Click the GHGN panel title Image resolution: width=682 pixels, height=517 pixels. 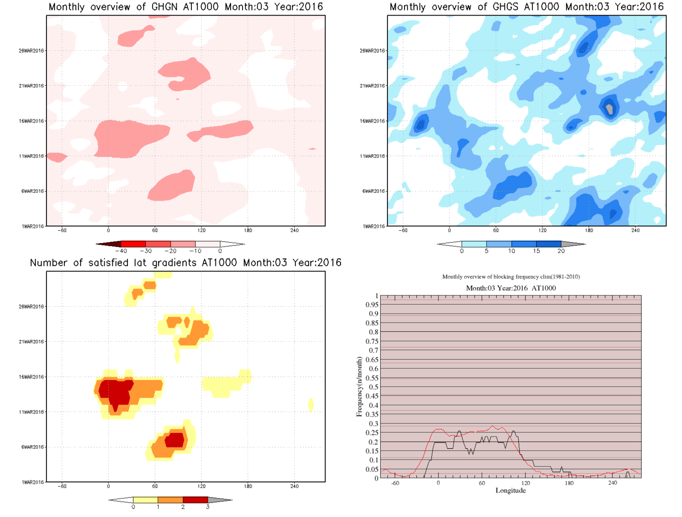coord(186,7)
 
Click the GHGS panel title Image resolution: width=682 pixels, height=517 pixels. coord(526,7)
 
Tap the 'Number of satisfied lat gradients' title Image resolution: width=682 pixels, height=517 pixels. coord(186,263)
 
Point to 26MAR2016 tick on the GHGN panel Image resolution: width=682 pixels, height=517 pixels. coord(31,51)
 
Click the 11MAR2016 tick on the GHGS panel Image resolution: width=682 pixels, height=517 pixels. coord(372,156)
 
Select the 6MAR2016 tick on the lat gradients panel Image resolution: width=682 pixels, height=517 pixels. coord(33,447)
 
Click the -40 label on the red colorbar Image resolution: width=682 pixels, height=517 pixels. coord(122,251)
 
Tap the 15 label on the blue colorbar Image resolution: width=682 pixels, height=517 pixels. coord(536,251)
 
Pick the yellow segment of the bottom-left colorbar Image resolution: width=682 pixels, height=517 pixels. coord(145,500)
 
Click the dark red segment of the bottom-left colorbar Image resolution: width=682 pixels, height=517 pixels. coord(195,500)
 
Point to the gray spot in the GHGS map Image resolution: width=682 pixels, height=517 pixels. coord(610,109)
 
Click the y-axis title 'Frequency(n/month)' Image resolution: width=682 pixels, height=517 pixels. coord(359,387)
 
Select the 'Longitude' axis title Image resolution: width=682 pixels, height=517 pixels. coord(511,490)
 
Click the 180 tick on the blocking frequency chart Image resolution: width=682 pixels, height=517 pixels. coord(569,483)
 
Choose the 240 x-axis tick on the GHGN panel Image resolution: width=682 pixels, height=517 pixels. coord(295,230)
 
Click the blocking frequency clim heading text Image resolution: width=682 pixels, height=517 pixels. coord(511,277)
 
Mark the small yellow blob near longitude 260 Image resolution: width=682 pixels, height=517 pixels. coord(311,405)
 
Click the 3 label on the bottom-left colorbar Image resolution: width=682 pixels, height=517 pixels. coord(207,507)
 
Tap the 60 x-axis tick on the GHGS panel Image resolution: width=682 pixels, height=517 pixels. coord(496,230)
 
